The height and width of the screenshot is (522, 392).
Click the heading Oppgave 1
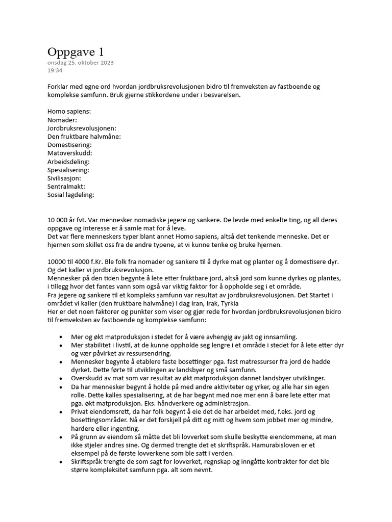pyautogui.click(x=76, y=52)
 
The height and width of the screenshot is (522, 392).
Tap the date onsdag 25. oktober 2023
pyautogui.click(x=81, y=63)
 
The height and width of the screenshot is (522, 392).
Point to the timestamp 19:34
pyautogui.click(x=55, y=70)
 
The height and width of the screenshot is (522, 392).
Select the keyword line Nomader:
pyautogui.click(x=62, y=120)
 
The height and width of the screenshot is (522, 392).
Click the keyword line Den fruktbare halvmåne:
pyautogui.click(x=84, y=137)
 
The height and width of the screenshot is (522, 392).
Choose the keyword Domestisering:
pyautogui.click(x=69, y=145)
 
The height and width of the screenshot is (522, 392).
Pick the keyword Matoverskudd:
pyautogui.click(x=70, y=153)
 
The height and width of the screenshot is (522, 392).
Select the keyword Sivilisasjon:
pyautogui.click(x=64, y=178)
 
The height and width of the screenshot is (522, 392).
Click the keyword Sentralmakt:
pyautogui.click(x=66, y=187)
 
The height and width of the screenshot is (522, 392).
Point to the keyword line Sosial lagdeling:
pyautogui.click(x=71, y=195)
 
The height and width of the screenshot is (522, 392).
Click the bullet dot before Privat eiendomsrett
pyautogui.click(x=61, y=411)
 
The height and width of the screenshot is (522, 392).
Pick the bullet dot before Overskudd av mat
pyautogui.click(x=61, y=378)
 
